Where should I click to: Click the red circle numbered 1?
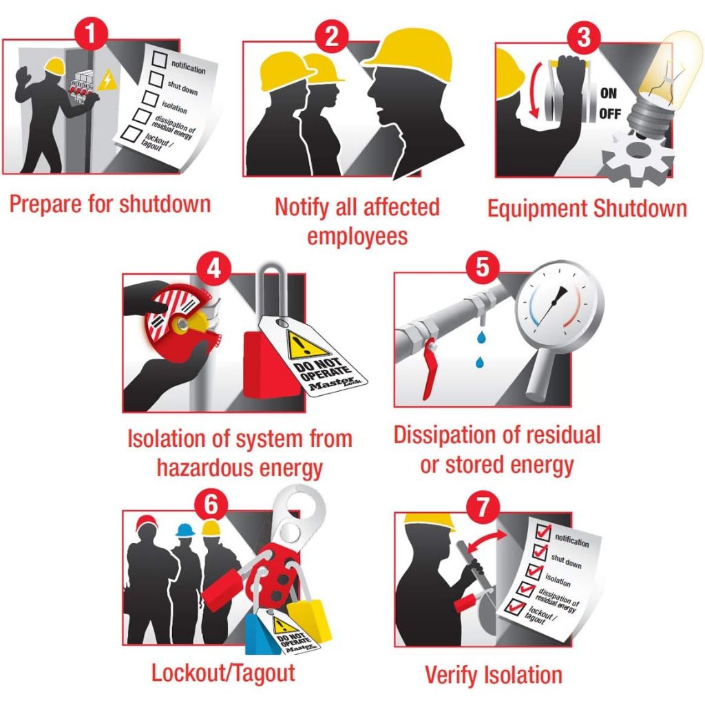point(92,32)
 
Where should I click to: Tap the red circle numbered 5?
point(482,266)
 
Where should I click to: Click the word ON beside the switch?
point(609,93)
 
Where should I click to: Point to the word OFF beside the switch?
point(610,114)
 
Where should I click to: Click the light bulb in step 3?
point(662,81)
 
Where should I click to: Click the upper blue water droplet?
point(481,337)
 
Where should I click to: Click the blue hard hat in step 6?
point(185,531)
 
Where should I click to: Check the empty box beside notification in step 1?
point(160,59)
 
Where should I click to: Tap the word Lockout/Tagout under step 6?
point(223,673)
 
